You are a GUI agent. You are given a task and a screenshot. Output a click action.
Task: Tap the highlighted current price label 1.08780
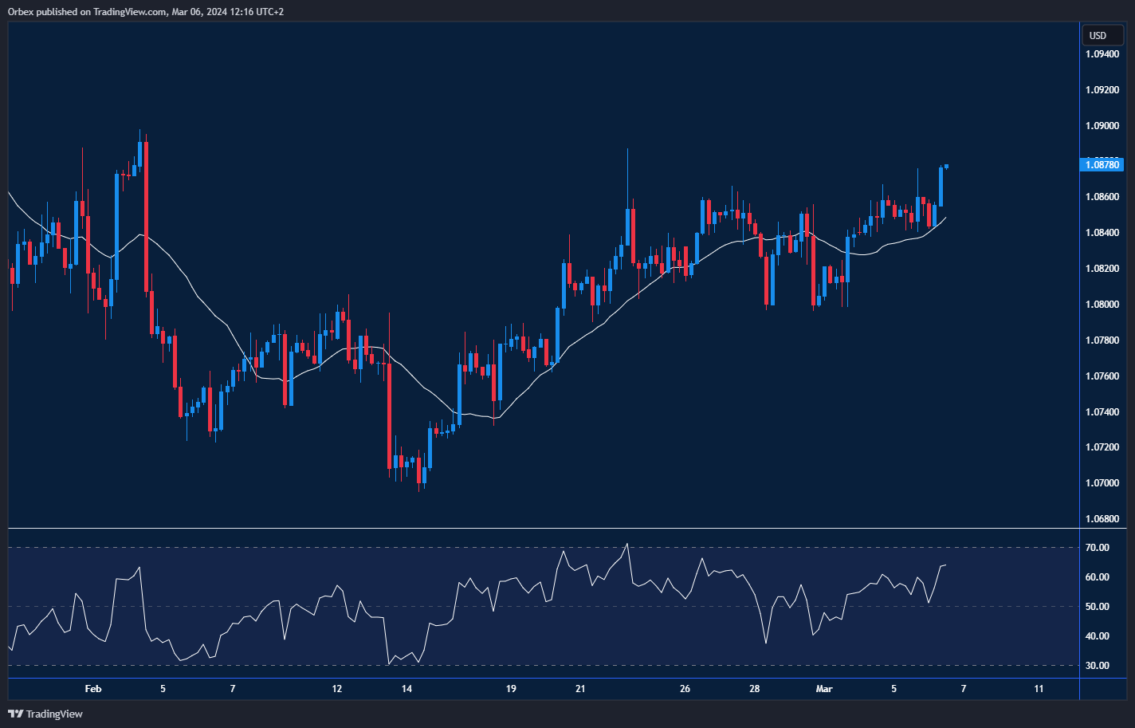click(x=1102, y=165)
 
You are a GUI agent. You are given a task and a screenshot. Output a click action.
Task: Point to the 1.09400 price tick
click(x=1102, y=54)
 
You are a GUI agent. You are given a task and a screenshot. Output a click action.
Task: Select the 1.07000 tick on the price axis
click(x=1102, y=483)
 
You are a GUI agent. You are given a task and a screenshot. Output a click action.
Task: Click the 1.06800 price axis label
click(x=1102, y=519)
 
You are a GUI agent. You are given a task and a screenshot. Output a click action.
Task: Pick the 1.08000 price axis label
click(x=1102, y=305)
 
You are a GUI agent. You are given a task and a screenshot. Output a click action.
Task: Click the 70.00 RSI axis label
click(x=1097, y=548)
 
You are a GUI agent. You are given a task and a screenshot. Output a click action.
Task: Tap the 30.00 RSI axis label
click(x=1097, y=666)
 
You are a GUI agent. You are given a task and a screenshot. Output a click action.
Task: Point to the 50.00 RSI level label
click(x=1097, y=607)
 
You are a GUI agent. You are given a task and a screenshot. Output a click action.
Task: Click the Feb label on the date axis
click(x=93, y=689)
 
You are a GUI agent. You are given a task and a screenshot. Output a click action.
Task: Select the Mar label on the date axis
click(x=824, y=689)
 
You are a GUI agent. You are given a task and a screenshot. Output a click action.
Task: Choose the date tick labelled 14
click(x=406, y=689)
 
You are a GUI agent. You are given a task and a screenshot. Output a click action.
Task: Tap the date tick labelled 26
click(x=685, y=689)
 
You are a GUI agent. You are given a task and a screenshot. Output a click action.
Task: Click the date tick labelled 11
click(x=1039, y=689)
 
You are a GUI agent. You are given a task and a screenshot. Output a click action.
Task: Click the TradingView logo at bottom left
click(x=45, y=714)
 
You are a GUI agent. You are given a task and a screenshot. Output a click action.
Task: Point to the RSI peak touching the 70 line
click(x=627, y=545)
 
